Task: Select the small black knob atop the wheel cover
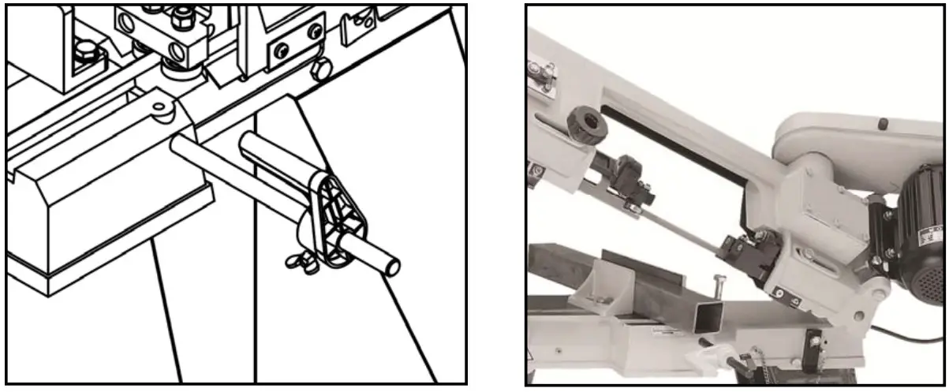pyautogui.click(x=882, y=123)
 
